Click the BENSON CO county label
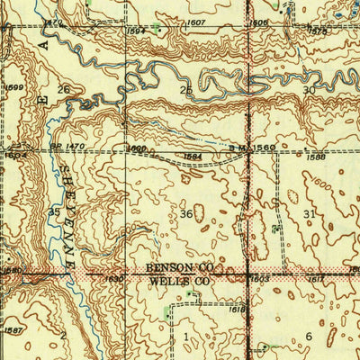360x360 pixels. pyautogui.click(x=178, y=268)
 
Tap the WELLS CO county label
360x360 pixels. pyautogui.click(x=178, y=281)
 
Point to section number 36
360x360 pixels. pyautogui.click(x=186, y=213)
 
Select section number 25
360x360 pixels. pyautogui.click(x=186, y=91)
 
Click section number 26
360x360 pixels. pyautogui.click(x=64, y=89)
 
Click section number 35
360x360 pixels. pyautogui.click(x=54, y=212)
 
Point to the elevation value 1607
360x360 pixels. pyautogui.click(x=196, y=22)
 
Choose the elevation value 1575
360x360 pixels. pyautogui.click(x=343, y=31)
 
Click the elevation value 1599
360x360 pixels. pyautogui.click(x=13, y=86)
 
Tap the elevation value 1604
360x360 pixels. pyautogui.click(x=11, y=155)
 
